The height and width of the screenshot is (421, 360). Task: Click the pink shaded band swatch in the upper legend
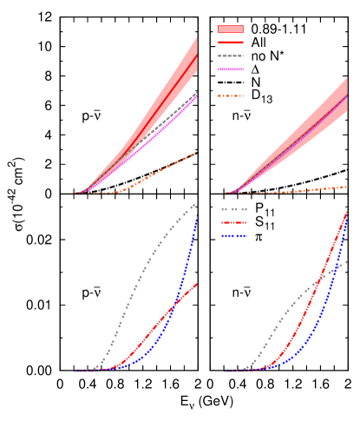pyautogui.click(x=230, y=29)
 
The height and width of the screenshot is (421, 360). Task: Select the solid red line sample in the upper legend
pyautogui.click(x=230, y=42)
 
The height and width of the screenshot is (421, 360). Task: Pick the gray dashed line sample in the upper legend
pyautogui.click(x=230, y=56)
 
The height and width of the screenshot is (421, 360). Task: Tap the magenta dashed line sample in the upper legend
pyautogui.click(x=230, y=69)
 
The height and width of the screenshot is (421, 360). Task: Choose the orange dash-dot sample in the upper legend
pyautogui.click(x=230, y=95)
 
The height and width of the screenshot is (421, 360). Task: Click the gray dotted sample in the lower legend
pyautogui.click(x=233, y=209)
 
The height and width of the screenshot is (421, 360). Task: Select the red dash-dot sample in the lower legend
pyautogui.click(x=233, y=222)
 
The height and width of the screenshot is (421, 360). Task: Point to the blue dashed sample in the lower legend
pyautogui.click(x=233, y=235)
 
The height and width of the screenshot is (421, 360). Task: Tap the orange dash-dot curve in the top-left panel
pyautogui.click(x=165, y=169)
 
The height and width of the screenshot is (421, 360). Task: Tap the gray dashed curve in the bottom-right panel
pyautogui.click(x=286, y=312)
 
